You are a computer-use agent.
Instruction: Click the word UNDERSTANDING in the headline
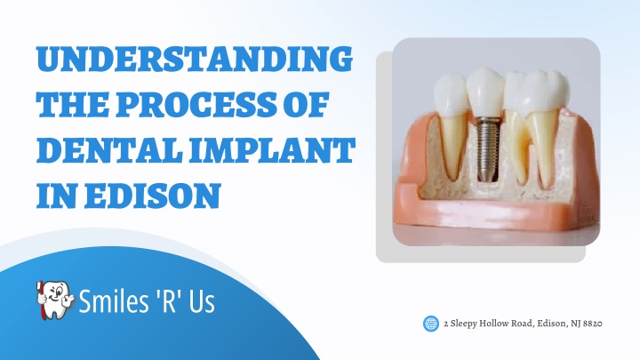(x=195, y=60)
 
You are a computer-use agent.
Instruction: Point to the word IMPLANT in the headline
(x=273, y=150)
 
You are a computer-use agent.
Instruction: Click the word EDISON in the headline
(x=152, y=196)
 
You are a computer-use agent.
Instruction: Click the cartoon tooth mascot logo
(x=55, y=300)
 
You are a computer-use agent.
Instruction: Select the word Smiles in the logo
(x=114, y=301)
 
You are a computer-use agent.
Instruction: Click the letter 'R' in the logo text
(x=170, y=300)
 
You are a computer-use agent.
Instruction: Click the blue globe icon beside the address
(x=431, y=324)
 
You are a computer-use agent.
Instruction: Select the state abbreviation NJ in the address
(x=575, y=324)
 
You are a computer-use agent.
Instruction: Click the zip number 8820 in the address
(x=593, y=324)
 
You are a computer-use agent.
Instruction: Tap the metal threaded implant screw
(x=485, y=149)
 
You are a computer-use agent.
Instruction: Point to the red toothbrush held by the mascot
(x=40, y=300)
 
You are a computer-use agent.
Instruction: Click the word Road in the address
(x=522, y=324)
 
